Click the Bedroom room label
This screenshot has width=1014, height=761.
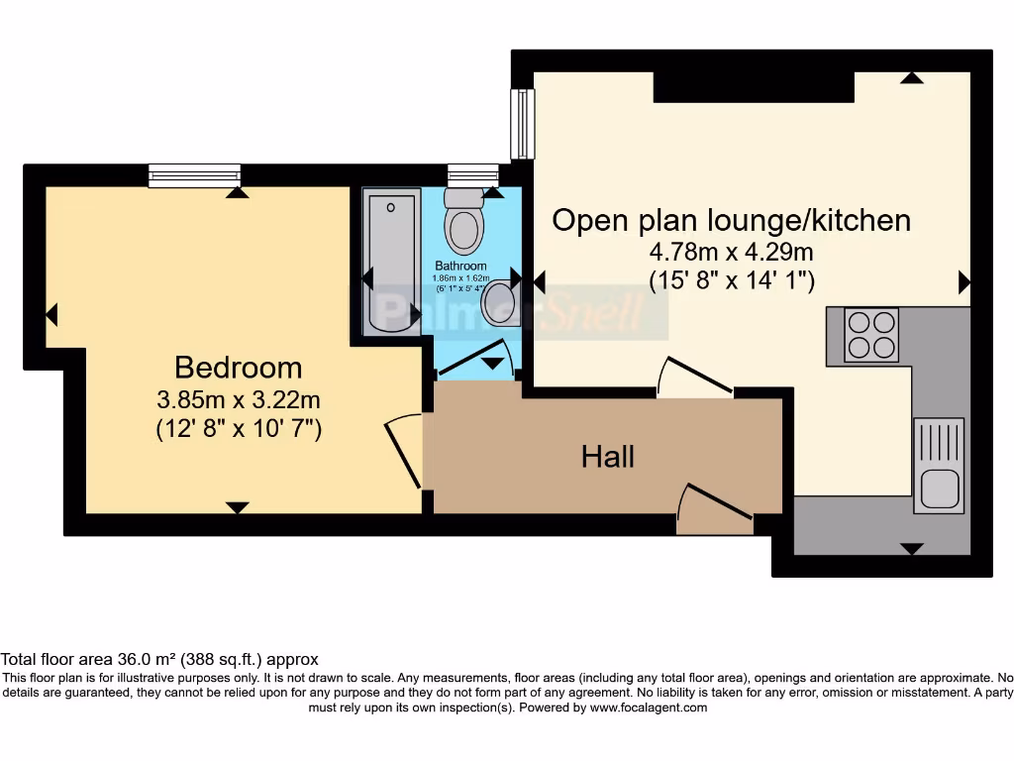(x=238, y=368)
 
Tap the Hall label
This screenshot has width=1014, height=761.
(x=608, y=457)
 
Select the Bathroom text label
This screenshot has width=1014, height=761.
(x=460, y=267)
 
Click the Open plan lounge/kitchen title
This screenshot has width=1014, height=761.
(x=731, y=220)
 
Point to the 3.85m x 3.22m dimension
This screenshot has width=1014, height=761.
(x=238, y=400)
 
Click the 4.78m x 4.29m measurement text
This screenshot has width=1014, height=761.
(x=731, y=251)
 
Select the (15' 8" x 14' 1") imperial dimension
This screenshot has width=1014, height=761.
(x=731, y=280)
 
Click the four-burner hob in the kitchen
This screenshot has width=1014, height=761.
(x=870, y=335)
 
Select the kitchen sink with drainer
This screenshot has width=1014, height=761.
(x=938, y=465)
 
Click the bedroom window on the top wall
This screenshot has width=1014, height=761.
(x=194, y=175)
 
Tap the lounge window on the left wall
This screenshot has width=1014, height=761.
(x=522, y=124)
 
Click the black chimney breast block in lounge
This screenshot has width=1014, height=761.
(x=754, y=87)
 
